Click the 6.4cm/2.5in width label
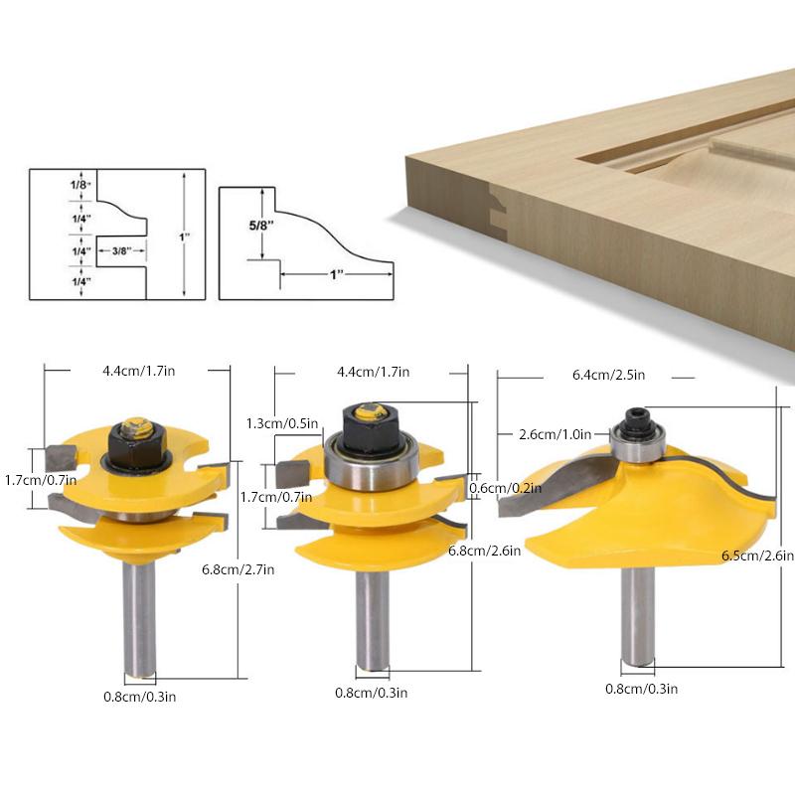609,376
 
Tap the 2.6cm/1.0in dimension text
556,434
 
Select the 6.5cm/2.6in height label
758,557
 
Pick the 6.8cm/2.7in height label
238,568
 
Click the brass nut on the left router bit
134,429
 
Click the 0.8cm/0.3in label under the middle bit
370,693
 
